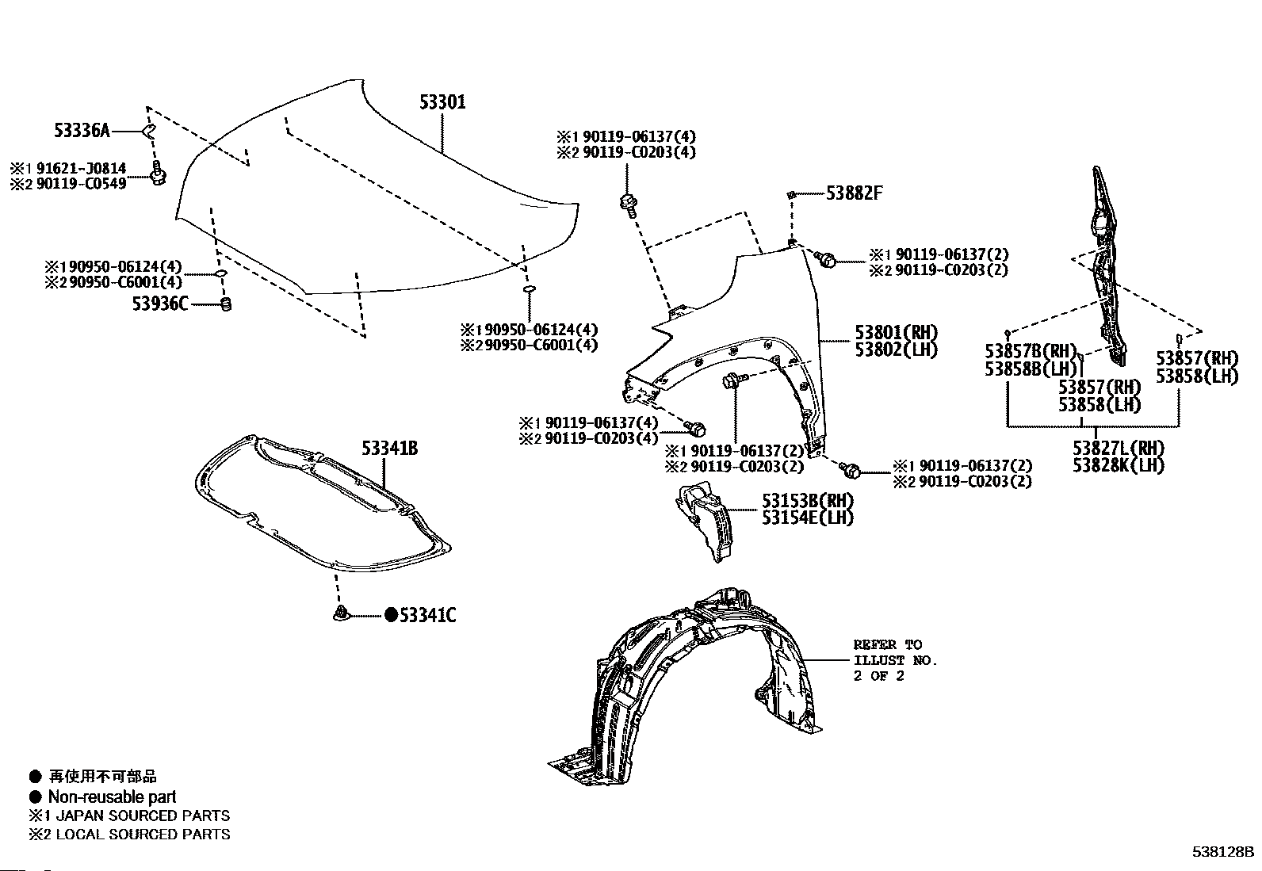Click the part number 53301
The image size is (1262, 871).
[x=442, y=102]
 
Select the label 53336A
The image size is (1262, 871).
[x=82, y=131]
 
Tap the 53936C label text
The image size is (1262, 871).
[x=160, y=303]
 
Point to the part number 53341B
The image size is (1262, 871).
[x=390, y=449]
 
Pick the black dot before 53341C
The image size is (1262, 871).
[x=391, y=615]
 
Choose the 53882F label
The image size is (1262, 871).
[x=854, y=193]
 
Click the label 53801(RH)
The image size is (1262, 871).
[x=896, y=332]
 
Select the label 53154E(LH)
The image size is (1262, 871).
[x=808, y=518]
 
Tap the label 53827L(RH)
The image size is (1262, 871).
[x=1119, y=447]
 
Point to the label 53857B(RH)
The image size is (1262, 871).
[x=1031, y=351]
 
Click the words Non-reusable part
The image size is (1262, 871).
[x=112, y=797]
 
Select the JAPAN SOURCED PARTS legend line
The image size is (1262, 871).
[x=139, y=815]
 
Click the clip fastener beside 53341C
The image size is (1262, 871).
[x=340, y=613]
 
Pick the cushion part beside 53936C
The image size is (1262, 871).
[x=225, y=304]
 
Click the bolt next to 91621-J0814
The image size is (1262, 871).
[x=158, y=174]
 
